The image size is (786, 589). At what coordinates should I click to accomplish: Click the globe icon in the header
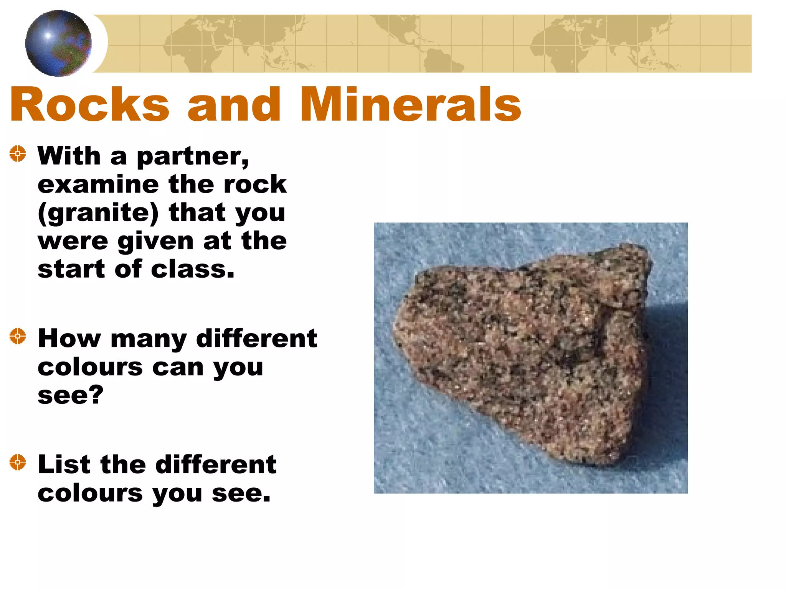point(58,43)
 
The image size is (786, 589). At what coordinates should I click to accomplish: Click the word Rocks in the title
point(89,104)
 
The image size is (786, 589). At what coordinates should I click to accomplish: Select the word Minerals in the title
point(410,104)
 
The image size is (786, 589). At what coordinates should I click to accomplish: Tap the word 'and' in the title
point(234,104)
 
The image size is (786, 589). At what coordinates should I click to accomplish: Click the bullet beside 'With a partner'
point(18,154)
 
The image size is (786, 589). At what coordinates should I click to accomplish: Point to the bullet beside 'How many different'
point(18,336)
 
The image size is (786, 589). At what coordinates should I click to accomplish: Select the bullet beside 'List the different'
point(18,462)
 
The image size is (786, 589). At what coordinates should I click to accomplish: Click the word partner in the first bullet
point(192,157)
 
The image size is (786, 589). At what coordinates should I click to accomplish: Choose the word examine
point(98,184)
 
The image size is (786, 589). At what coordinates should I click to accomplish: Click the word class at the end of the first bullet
point(192,270)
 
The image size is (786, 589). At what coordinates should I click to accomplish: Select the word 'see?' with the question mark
point(71,395)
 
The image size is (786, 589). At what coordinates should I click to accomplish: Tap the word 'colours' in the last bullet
point(90,493)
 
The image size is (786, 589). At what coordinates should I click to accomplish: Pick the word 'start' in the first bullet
point(71,270)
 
